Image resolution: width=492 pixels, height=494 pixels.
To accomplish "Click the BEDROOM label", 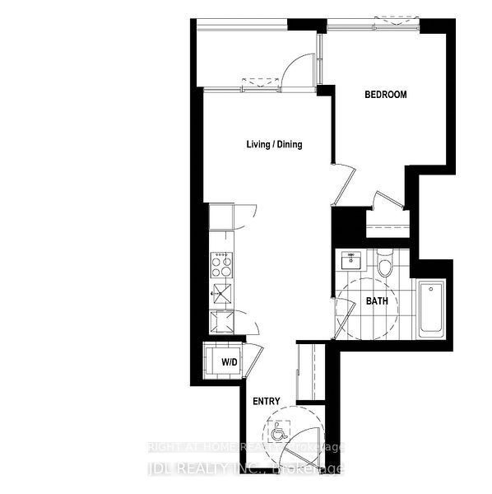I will (386, 95).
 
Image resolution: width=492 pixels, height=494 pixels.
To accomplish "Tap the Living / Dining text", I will (274, 145).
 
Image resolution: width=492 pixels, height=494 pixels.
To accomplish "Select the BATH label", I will (377, 301).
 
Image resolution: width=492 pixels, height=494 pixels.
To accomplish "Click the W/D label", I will (228, 362).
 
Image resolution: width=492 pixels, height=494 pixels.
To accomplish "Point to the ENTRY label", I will (267, 402).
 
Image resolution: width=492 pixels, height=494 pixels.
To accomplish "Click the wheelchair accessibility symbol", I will (277, 431).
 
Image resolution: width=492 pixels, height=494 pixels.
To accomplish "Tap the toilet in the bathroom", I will (384, 266).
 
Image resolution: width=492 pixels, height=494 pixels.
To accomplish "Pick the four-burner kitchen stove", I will (221, 263).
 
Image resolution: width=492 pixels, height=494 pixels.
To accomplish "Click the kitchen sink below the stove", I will (221, 291).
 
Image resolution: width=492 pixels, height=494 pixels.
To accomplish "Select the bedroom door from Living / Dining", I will (344, 183).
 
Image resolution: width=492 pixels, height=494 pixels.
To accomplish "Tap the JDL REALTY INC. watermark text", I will (247, 470).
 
